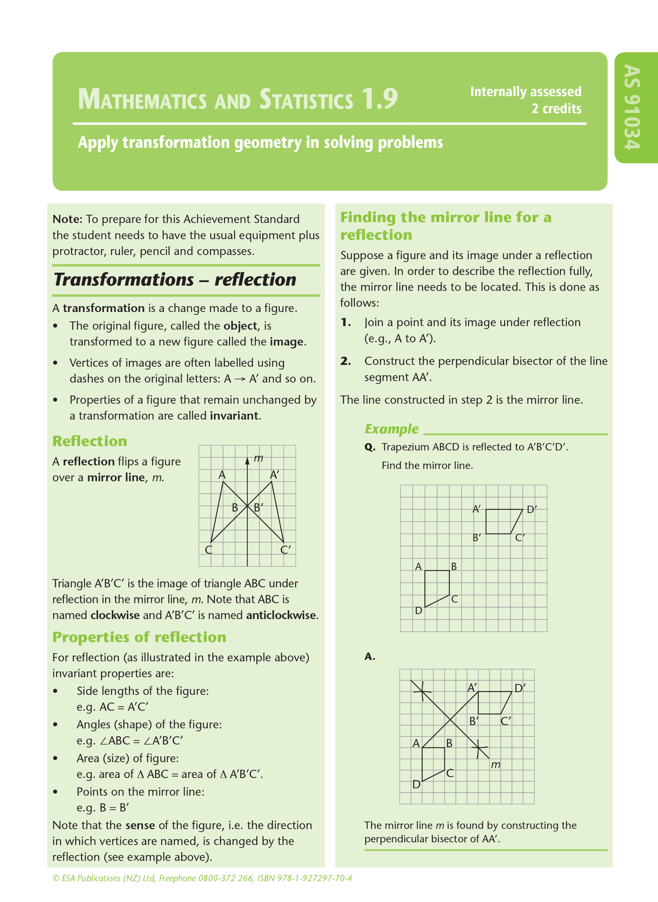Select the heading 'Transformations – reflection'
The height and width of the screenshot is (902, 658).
pyautogui.click(x=175, y=279)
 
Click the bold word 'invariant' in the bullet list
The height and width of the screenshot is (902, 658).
pyautogui.click(x=234, y=415)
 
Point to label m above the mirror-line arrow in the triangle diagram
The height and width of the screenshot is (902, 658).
pyautogui.click(x=259, y=458)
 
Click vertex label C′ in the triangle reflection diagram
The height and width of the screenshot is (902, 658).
pyautogui.click(x=286, y=549)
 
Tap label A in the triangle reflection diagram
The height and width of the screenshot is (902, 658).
pyautogui.click(x=222, y=475)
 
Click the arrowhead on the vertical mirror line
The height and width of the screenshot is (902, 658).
pyautogui.click(x=247, y=461)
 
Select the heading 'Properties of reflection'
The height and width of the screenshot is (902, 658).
pyautogui.click(x=139, y=637)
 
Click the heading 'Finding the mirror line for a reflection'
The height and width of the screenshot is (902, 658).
pyautogui.click(x=445, y=226)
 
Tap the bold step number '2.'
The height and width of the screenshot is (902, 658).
pyautogui.click(x=346, y=361)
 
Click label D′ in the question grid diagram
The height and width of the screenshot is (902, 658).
pyautogui.click(x=531, y=509)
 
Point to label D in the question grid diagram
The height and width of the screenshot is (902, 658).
pyautogui.click(x=419, y=610)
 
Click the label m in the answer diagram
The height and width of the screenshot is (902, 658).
pyautogui.click(x=496, y=764)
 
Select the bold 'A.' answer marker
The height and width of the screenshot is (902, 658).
pyautogui.click(x=369, y=656)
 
